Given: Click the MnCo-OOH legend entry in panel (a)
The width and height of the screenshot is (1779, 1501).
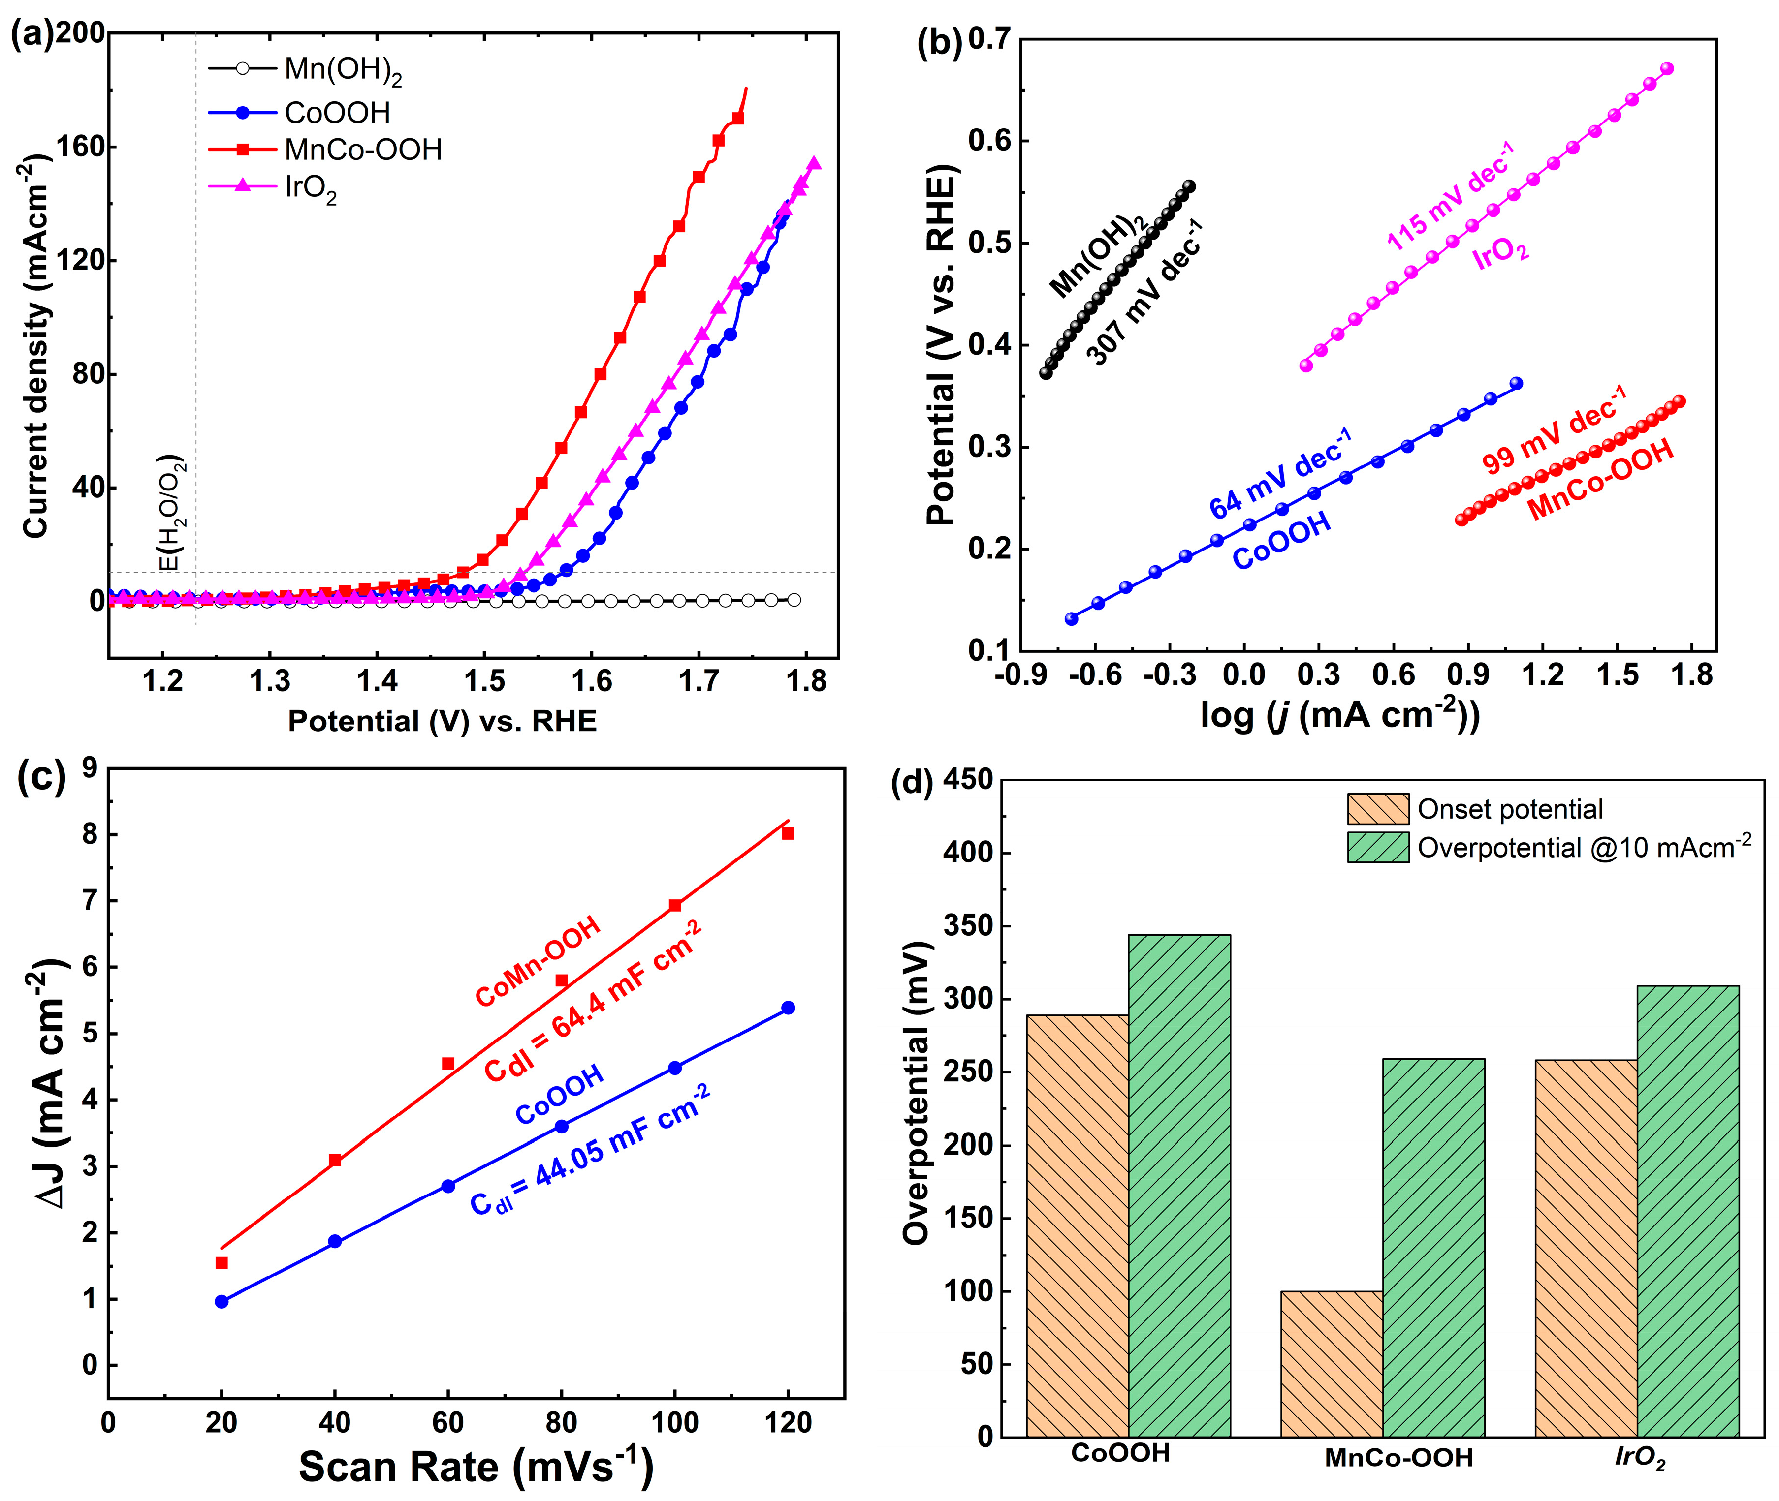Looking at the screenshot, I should (x=363, y=150).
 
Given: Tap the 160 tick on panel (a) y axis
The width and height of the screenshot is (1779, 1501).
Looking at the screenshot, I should (x=80, y=146).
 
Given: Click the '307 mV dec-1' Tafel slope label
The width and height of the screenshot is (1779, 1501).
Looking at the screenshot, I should (x=1145, y=294).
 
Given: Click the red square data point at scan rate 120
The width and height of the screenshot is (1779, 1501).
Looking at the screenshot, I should (x=788, y=834).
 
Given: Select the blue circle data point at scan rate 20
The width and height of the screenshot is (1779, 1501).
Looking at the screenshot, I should (x=222, y=1302).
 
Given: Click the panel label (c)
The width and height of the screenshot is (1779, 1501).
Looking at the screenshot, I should (x=41, y=779).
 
